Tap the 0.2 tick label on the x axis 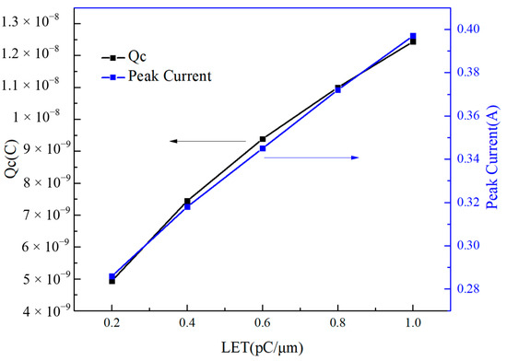112,325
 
